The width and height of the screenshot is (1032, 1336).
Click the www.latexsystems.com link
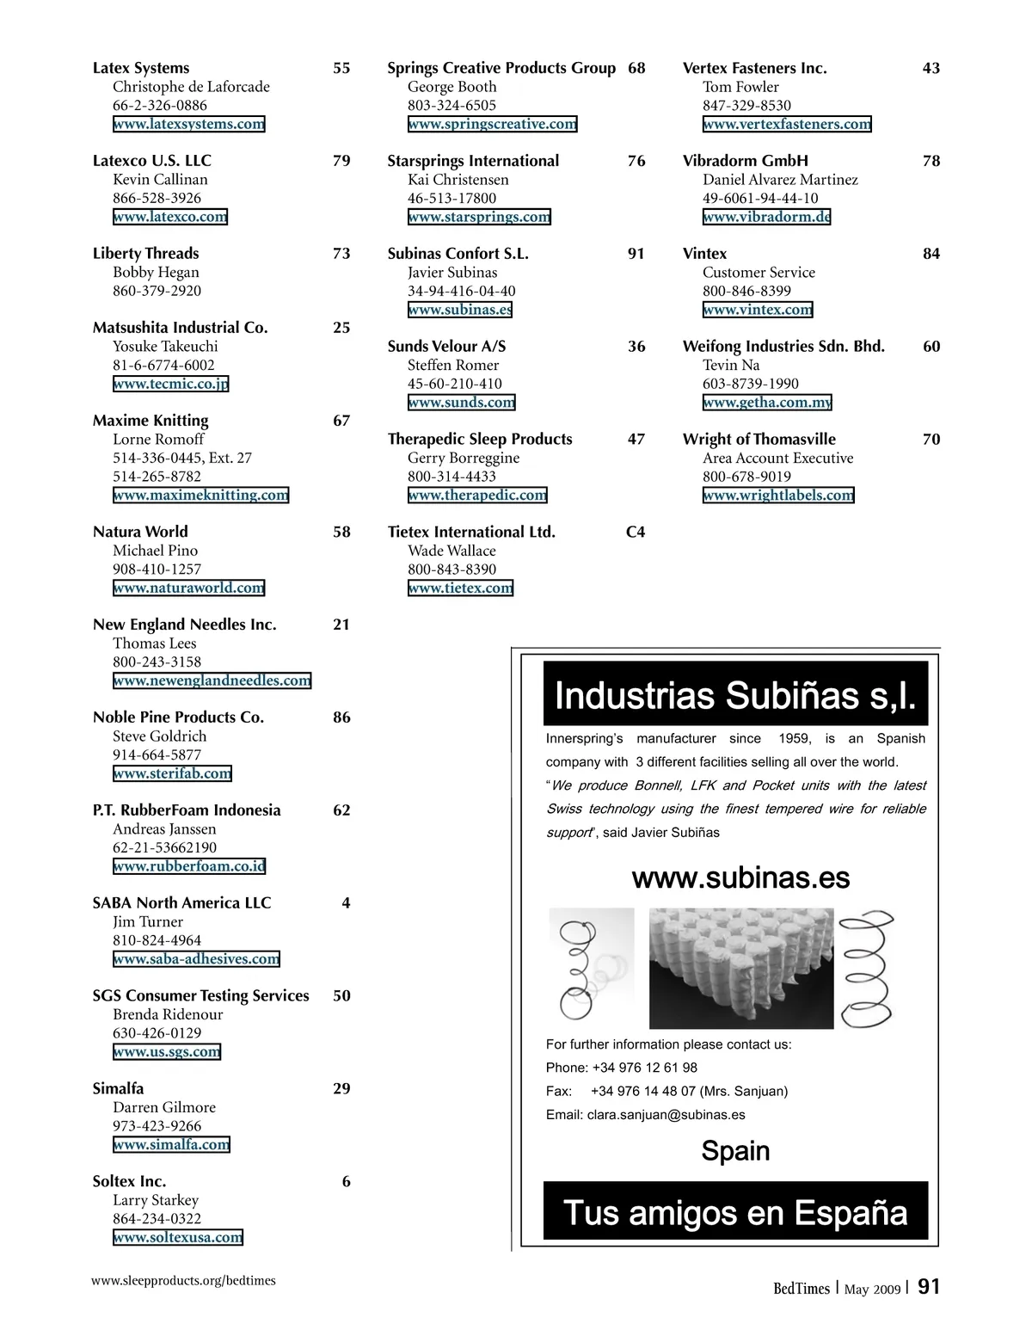[x=188, y=124]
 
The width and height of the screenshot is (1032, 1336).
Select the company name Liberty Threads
[x=145, y=253]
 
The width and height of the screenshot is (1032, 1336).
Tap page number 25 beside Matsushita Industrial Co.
[x=341, y=328]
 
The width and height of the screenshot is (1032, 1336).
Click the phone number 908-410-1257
[x=157, y=569]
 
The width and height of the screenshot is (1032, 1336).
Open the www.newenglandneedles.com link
[x=212, y=680]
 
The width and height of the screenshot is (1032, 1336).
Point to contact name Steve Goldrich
[x=159, y=736]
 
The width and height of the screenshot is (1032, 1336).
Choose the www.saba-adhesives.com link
[x=196, y=959]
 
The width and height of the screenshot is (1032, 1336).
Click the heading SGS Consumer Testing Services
[x=200, y=995]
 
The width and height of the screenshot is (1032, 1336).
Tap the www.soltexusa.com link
[x=177, y=1237]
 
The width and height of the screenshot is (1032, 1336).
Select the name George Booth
[x=451, y=87]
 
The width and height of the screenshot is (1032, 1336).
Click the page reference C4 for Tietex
[x=636, y=532]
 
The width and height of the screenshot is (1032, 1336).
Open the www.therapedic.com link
[x=477, y=495]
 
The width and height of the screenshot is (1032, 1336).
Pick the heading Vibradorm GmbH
[x=745, y=161]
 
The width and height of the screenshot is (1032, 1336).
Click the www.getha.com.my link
[x=767, y=402]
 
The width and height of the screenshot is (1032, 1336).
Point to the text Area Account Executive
[x=777, y=458]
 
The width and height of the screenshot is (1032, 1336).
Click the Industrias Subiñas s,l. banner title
[x=735, y=695]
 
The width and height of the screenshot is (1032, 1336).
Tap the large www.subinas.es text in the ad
[x=740, y=877]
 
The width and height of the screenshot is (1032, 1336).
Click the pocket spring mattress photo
[x=740, y=968]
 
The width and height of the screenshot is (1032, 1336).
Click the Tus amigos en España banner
[x=735, y=1212]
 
